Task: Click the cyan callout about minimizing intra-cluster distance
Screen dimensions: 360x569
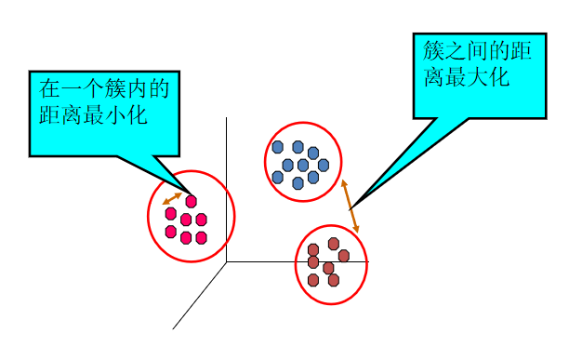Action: pyautogui.click(x=102, y=113)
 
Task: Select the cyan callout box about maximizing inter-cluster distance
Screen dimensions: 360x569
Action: pyautogui.click(x=479, y=74)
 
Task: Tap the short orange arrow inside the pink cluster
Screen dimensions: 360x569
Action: pyautogui.click(x=172, y=198)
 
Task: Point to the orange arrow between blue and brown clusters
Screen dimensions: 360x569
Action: pyautogui.click(x=350, y=207)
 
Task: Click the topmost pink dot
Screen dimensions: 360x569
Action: pyautogui.click(x=192, y=201)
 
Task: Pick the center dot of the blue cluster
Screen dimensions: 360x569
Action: pyautogui.click(x=303, y=165)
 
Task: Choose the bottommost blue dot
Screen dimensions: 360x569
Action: pyautogui.click(x=298, y=183)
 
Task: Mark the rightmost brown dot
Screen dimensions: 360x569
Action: pyautogui.click(x=344, y=256)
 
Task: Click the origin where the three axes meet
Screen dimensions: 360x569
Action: pyautogui.click(x=226, y=261)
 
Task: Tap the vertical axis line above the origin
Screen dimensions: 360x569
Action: pyautogui.click(x=226, y=186)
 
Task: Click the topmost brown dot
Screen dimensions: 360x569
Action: pyautogui.click(x=333, y=244)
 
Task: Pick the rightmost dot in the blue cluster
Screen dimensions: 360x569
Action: pyautogui.click(x=324, y=165)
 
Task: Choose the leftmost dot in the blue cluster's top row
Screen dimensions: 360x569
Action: pyautogui.click(x=277, y=147)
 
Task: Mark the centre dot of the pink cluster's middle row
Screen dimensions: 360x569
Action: pyautogui.click(x=186, y=220)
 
